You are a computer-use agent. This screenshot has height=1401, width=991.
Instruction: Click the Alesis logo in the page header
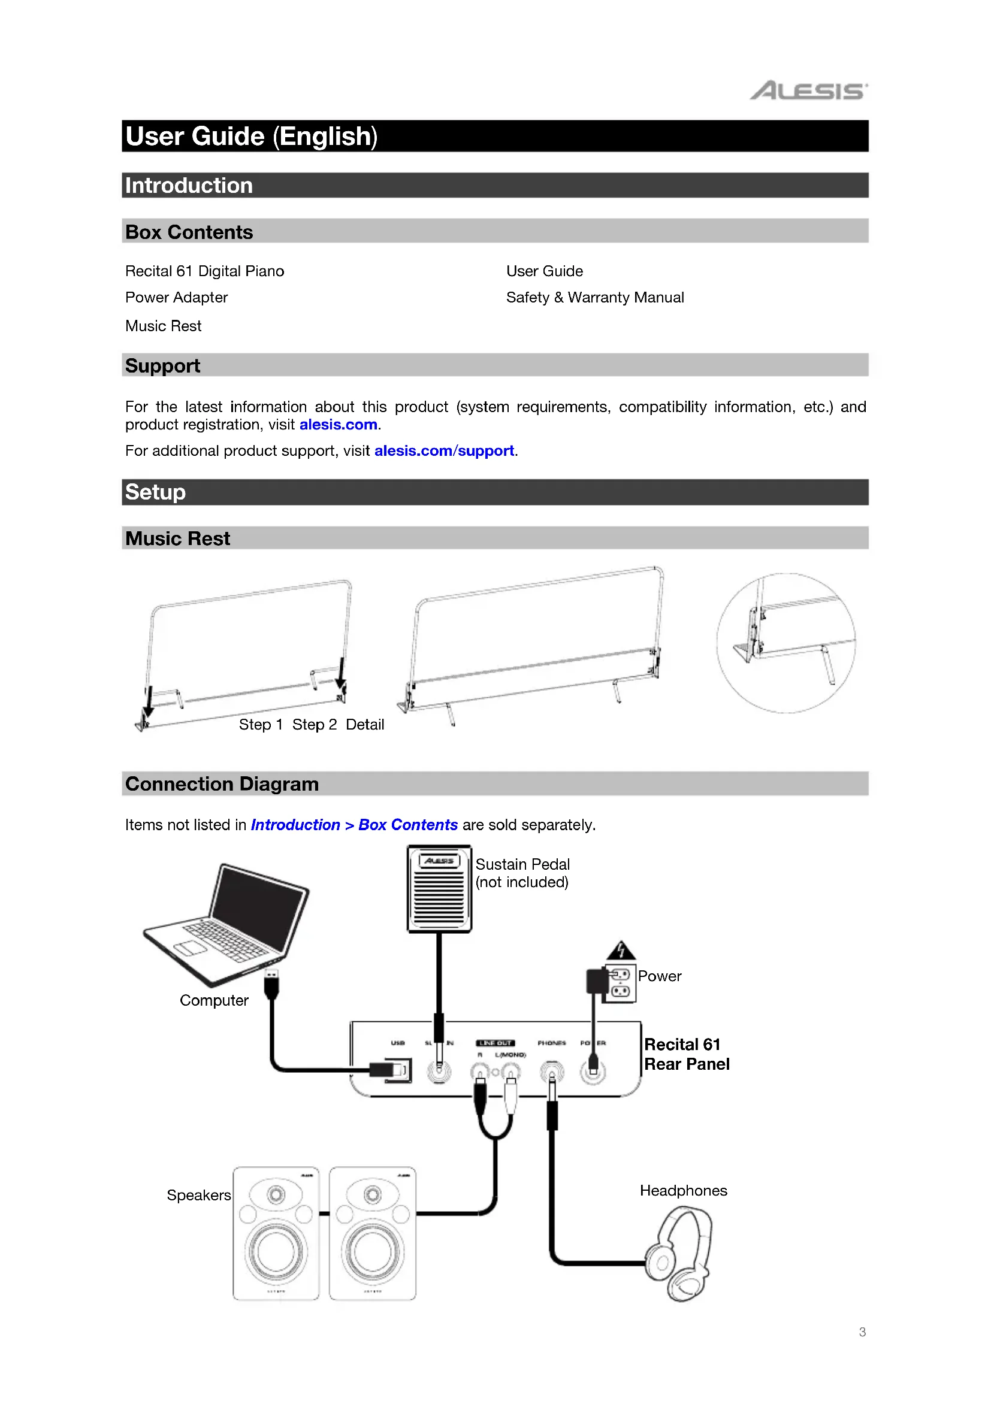pyautogui.click(x=808, y=91)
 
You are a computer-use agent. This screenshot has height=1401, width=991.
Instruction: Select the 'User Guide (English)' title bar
pyautogui.click(x=251, y=136)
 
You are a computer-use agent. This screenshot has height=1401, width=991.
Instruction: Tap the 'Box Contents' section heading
pyautogui.click(x=189, y=232)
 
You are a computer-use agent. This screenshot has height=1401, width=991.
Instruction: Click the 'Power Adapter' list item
pyautogui.click(x=176, y=298)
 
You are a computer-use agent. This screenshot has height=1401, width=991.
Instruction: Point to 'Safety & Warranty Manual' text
pyautogui.click(x=594, y=298)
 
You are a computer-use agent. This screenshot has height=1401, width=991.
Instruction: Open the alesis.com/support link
pyautogui.click(x=443, y=451)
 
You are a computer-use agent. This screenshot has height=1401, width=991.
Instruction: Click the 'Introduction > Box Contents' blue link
pyautogui.click(x=354, y=825)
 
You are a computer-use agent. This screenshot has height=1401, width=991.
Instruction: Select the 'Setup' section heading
pyautogui.click(x=155, y=492)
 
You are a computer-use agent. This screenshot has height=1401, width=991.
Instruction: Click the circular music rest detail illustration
pyautogui.click(x=785, y=643)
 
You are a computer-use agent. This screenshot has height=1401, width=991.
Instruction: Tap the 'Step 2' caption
pyautogui.click(x=315, y=725)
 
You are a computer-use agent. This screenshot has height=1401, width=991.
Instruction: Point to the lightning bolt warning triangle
pyautogui.click(x=621, y=950)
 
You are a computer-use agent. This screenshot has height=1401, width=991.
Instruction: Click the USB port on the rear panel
pyautogui.click(x=398, y=1070)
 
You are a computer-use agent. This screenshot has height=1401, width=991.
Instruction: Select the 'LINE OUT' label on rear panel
pyautogui.click(x=495, y=1043)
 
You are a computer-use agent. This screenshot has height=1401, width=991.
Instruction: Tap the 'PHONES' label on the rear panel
pyautogui.click(x=551, y=1043)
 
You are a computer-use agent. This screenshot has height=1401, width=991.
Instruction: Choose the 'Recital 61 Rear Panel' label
pyautogui.click(x=686, y=1054)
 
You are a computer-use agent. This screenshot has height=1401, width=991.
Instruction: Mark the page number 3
pyautogui.click(x=862, y=1332)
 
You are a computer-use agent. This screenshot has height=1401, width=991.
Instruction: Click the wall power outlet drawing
pyautogui.click(x=621, y=983)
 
